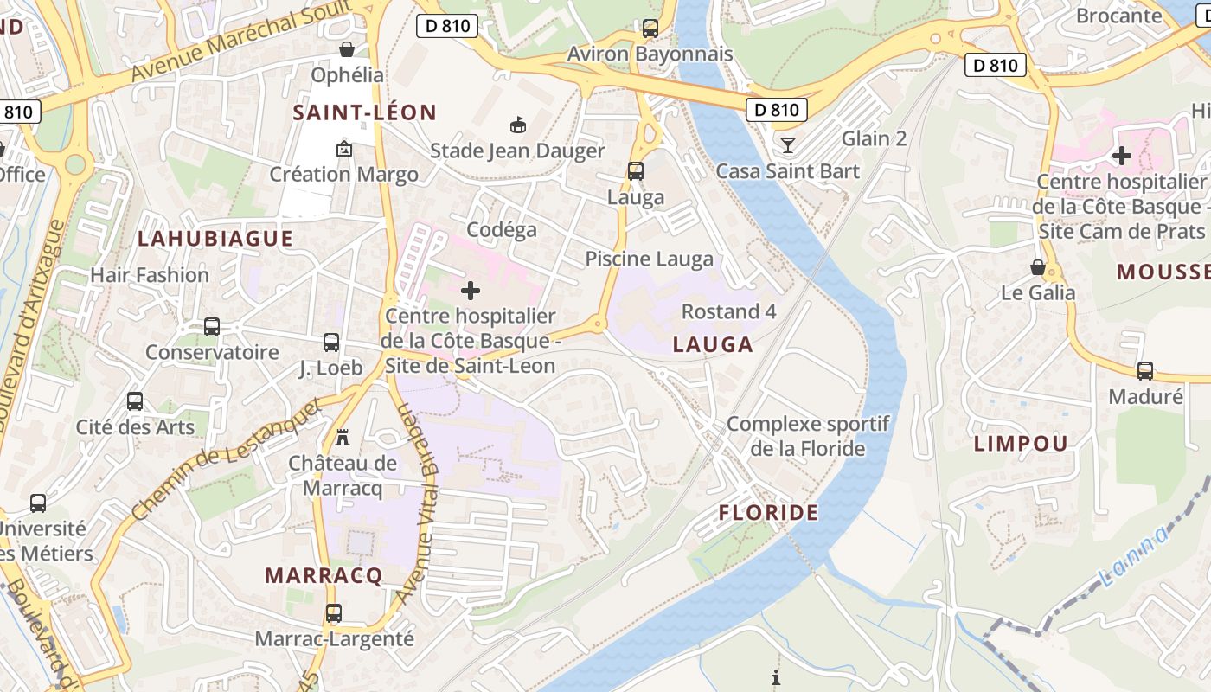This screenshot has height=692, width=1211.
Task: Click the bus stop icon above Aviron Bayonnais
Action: point(650,29)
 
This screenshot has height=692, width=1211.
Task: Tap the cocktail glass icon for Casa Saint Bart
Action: point(787,144)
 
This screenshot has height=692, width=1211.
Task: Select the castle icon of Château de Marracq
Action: point(343,437)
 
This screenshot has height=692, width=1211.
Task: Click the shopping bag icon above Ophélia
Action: point(347,49)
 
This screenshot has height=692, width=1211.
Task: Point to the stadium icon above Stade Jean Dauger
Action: point(517,125)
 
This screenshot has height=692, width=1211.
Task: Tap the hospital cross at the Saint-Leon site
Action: point(471,291)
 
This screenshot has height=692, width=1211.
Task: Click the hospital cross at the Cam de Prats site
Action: point(1122,157)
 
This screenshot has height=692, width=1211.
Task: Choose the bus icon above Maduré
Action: point(1145,371)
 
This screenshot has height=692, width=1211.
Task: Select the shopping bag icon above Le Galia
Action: point(1038,267)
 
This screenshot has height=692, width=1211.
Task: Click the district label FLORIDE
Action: point(768,513)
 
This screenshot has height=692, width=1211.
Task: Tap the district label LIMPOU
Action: point(1021,444)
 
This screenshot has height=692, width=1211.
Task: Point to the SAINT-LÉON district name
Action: point(364,112)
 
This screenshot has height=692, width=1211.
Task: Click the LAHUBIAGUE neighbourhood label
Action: point(215,239)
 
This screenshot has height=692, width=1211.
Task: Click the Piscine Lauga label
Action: point(650,259)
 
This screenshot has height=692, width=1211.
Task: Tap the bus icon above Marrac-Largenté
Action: point(334,613)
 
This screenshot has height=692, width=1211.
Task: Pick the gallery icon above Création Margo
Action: point(343,149)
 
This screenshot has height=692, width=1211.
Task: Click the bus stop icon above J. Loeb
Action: point(330,343)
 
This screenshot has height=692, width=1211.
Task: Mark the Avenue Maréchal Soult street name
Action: point(241,41)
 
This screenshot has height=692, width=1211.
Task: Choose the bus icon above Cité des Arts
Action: point(135,401)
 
